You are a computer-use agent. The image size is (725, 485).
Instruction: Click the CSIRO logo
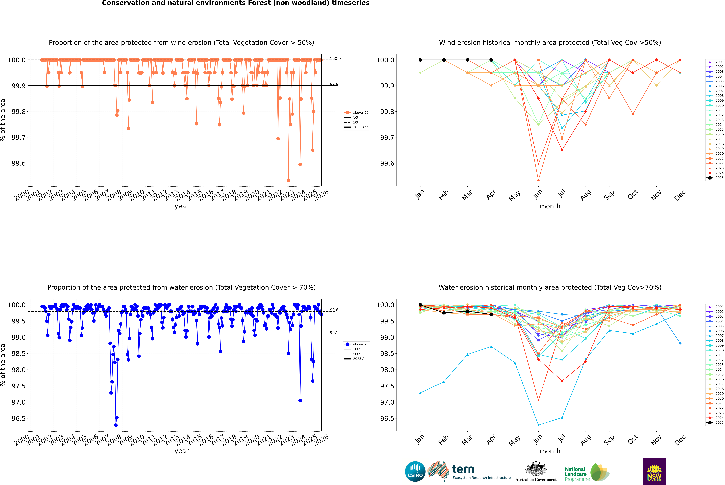click(x=415, y=471)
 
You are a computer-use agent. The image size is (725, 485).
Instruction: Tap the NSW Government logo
click(x=654, y=471)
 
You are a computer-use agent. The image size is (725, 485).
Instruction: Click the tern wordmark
click(x=463, y=470)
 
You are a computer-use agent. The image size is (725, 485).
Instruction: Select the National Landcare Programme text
click(x=575, y=474)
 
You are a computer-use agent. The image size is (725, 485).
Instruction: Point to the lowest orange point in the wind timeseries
click(x=289, y=180)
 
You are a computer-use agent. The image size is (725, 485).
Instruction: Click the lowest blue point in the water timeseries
click(x=116, y=425)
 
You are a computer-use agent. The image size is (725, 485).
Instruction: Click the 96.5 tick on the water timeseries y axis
click(x=19, y=419)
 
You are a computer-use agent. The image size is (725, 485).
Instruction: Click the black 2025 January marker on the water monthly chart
click(x=420, y=305)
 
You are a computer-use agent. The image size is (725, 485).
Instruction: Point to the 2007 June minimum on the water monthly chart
click(x=538, y=425)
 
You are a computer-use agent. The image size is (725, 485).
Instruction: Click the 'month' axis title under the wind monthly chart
click(x=550, y=206)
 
